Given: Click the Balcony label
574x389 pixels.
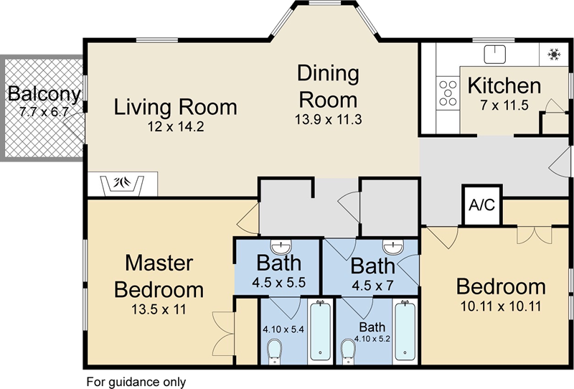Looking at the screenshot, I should [x=44, y=94].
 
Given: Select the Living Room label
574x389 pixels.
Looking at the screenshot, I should [x=176, y=108].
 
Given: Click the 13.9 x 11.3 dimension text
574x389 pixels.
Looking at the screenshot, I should [x=328, y=118].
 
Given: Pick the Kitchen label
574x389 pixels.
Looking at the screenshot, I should [x=504, y=86].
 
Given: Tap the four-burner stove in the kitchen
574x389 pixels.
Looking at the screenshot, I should [x=448, y=93].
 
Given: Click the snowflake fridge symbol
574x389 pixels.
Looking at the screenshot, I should [x=553, y=54].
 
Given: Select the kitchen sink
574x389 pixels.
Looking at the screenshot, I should [x=495, y=54].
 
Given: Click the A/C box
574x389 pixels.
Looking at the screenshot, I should [x=481, y=205].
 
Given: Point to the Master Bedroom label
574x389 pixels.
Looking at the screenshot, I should [x=159, y=276].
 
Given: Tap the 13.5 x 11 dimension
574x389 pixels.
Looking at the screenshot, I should [x=159, y=311].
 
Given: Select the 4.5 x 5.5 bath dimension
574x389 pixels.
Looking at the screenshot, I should [x=279, y=282].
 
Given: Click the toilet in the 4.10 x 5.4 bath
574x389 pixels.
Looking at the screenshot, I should [x=273, y=352].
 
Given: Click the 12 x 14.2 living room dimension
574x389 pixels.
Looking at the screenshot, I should [x=176, y=128].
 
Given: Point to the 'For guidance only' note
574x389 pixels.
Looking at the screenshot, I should [x=136, y=381].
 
